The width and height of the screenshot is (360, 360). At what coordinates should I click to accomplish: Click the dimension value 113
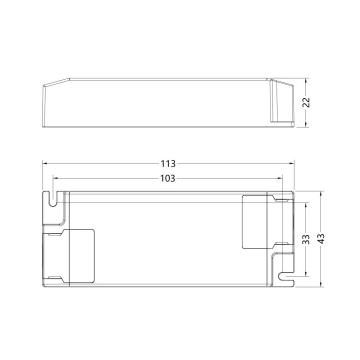tap(168, 163)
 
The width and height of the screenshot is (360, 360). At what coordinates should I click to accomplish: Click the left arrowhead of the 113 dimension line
tap(45, 163)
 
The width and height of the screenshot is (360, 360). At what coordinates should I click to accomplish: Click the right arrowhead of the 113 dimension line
tap(292, 163)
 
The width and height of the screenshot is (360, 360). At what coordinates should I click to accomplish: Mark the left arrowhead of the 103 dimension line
tap(55, 178)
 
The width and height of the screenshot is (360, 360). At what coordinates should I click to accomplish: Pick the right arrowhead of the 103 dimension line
tap(281, 178)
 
